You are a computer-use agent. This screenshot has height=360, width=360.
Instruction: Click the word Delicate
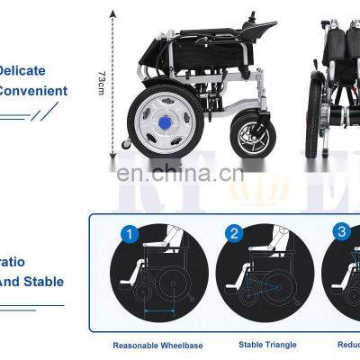click(22, 70)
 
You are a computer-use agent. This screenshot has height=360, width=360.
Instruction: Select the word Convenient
click(33, 90)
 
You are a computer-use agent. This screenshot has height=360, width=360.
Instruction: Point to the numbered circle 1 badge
click(130, 235)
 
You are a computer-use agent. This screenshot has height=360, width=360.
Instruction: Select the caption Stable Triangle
click(261, 344)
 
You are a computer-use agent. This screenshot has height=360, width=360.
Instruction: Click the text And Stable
click(32, 282)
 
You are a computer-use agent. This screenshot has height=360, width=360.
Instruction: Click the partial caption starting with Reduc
click(348, 344)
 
